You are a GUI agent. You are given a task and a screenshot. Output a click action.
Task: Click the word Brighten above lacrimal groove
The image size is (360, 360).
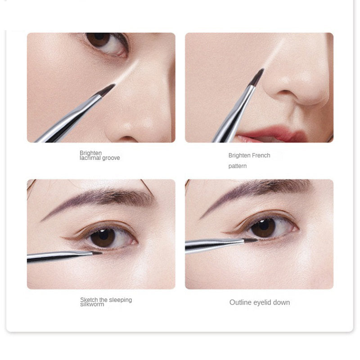pos(90,153)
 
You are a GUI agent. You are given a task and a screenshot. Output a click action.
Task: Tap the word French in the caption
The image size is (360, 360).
pos(261,156)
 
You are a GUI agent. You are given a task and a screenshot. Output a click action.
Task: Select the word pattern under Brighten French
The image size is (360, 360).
pos(237,166)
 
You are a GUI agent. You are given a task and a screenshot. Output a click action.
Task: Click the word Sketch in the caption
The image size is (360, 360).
pos(89,300)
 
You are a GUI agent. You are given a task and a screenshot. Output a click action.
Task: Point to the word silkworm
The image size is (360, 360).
pos(92,305)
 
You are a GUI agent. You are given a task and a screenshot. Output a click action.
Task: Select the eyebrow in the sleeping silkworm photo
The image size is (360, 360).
pos(103,198)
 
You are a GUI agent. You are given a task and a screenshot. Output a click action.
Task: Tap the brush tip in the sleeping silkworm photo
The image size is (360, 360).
pos(96,253)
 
